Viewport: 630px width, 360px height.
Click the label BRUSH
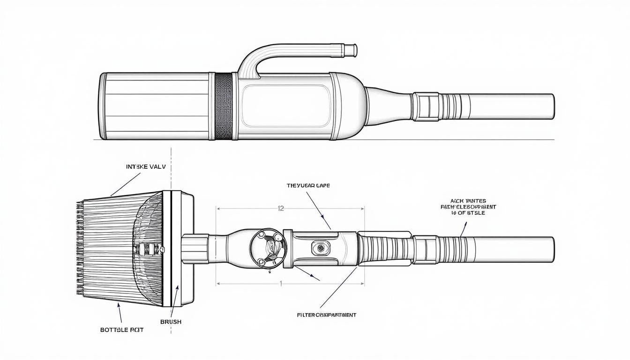(171, 322)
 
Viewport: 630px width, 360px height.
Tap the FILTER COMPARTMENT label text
(326, 315)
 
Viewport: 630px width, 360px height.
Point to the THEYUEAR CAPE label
(308, 186)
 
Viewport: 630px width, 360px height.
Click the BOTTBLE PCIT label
(122, 330)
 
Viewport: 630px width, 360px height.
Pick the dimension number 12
(281, 209)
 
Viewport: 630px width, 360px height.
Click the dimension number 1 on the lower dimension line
(281, 283)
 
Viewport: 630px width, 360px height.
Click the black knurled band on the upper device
(224, 106)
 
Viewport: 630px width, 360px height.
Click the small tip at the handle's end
(352, 49)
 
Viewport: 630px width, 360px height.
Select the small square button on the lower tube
(321, 247)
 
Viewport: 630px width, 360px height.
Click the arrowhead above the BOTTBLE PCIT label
(119, 306)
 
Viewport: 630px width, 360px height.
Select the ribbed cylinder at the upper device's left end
(155, 106)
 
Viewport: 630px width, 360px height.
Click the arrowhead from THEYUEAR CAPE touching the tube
(322, 217)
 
